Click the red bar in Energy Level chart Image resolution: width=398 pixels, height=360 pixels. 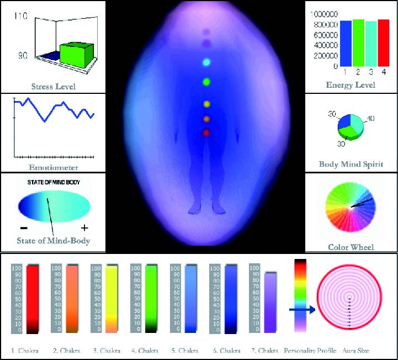[x=383, y=43]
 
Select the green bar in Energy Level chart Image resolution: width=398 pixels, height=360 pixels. [x=358, y=43]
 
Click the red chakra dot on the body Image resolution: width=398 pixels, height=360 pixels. [x=206, y=133]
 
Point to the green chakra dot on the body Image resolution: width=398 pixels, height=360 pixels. [x=206, y=82]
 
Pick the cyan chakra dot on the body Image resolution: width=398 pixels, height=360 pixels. [x=206, y=62]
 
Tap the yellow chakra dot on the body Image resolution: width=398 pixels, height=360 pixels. [x=206, y=104]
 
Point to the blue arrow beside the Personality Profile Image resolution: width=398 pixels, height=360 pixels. [x=302, y=311]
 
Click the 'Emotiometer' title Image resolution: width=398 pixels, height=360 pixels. [x=53, y=167]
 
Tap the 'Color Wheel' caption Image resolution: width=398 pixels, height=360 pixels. [x=351, y=247]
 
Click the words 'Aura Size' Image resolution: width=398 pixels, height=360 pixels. [x=350, y=351]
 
